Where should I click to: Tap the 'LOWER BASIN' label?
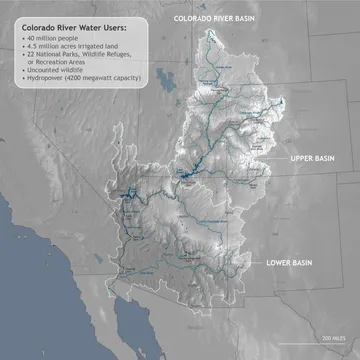(x=291, y=263)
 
